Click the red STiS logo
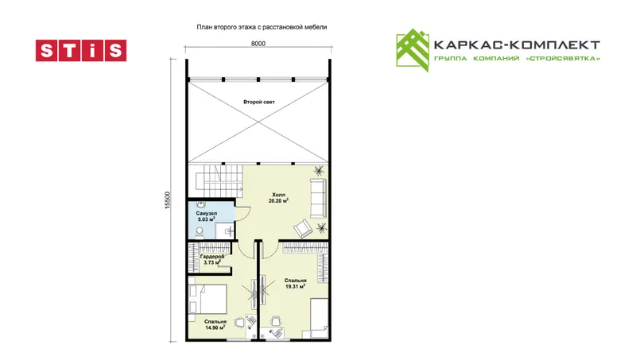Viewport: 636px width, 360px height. [x=81, y=50]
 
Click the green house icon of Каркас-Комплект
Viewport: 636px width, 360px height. [x=413, y=50]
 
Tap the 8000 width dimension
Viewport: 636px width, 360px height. [x=258, y=44]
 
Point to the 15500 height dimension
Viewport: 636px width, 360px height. [x=168, y=200]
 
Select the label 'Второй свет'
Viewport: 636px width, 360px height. [x=259, y=102]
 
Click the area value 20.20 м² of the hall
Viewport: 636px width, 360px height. [x=278, y=201]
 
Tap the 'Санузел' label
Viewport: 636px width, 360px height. [x=207, y=213]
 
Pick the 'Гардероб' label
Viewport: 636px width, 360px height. [x=212, y=256]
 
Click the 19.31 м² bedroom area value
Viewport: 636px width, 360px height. [x=295, y=287]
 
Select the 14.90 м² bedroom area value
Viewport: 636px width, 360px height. [x=215, y=327]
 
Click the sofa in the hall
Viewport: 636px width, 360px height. [x=319, y=198]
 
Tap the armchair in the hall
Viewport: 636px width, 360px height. [x=304, y=229]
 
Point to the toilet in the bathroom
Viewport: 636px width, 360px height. [x=200, y=232]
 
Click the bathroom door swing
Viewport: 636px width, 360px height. [x=243, y=212]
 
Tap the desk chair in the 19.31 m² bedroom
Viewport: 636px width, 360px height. [x=276, y=321]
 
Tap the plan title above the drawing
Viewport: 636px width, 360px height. [x=262, y=27]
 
